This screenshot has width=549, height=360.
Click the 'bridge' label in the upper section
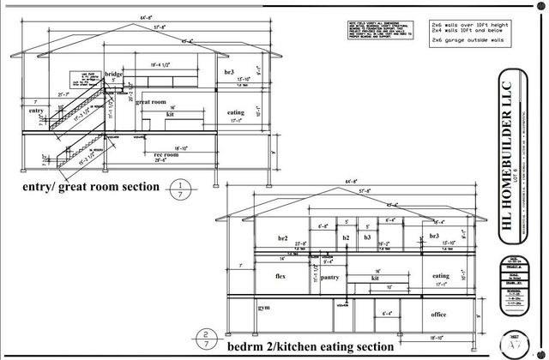coord(114,75)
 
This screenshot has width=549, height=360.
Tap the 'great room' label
coord(150,102)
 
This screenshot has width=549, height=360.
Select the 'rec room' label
coord(166,154)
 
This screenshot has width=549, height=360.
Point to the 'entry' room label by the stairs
coord(36,111)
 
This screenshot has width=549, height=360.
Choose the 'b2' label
coord(347,236)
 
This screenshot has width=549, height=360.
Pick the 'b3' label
coord(367,236)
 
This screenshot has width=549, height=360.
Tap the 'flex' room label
coord(280,277)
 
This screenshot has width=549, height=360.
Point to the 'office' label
coord(438,314)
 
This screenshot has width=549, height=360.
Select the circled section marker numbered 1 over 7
coord(180,189)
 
